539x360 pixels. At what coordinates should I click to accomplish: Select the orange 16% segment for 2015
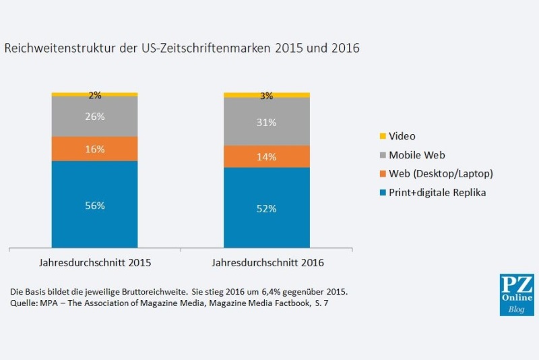(94, 148)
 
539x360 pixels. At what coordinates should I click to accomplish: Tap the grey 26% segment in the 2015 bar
(94, 116)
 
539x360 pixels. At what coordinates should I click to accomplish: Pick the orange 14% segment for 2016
(267, 156)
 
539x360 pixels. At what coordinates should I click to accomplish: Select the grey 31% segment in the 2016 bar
(267, 121)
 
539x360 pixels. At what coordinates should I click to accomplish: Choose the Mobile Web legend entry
(416, 155)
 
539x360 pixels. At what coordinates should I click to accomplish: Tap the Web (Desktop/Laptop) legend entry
(440, 174)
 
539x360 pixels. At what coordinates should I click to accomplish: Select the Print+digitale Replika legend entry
(437, 193)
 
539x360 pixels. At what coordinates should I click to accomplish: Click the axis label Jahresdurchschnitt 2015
(95, 262)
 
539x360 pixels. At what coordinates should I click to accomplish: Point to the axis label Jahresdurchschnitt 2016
(267, 262)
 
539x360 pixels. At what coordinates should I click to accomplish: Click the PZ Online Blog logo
(516, 295)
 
